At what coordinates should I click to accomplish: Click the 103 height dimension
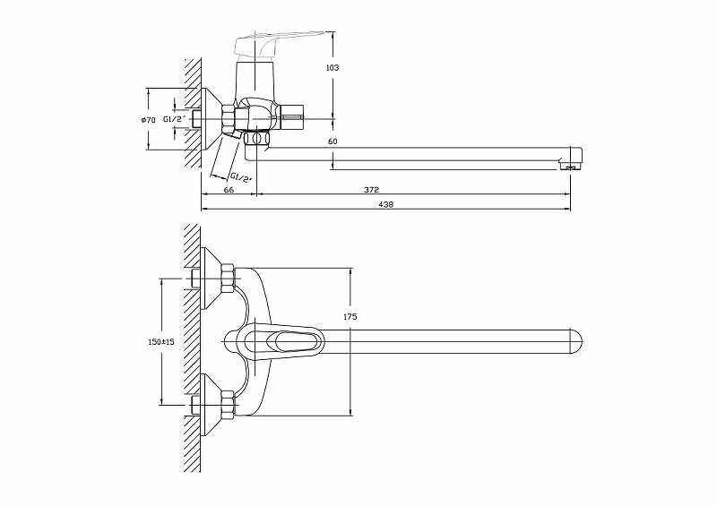333,68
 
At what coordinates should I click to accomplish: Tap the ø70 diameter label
149,120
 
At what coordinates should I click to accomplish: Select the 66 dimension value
229,189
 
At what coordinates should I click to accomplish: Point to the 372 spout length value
371,189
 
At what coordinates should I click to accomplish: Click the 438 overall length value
386,204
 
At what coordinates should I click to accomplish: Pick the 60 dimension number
333,142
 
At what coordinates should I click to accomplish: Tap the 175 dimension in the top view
350,316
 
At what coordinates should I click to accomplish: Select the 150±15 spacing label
161,341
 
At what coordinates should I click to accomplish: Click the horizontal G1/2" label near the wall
175,119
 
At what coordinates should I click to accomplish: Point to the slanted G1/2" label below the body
240,177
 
